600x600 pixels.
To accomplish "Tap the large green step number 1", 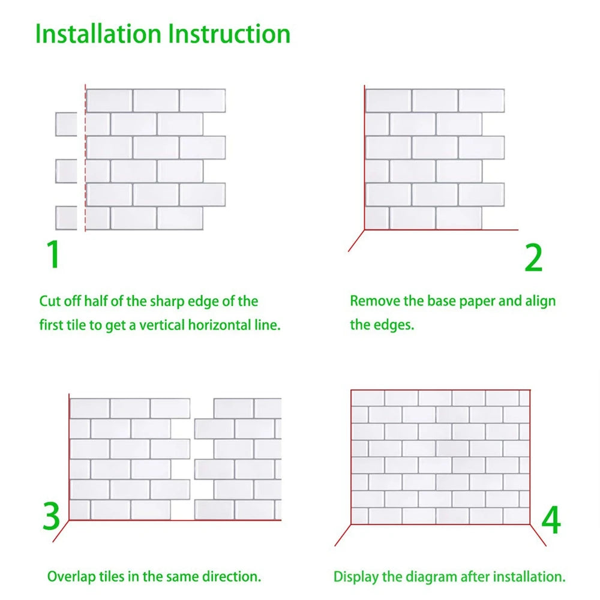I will [54, 254].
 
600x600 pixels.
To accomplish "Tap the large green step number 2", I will [533, 258].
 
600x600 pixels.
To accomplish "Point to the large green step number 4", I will [551, 520].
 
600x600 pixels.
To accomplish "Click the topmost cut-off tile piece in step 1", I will [66, 124].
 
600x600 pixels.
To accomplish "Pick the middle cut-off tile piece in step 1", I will [66, 171].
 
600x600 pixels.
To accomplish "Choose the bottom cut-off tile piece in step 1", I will [66, 218].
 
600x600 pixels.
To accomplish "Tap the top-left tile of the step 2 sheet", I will [388, 100].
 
